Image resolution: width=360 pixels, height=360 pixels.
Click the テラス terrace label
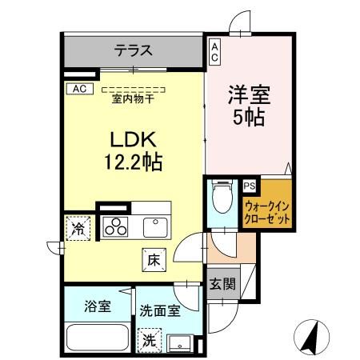[x=132, y=51]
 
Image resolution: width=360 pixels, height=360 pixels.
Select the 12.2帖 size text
[x=132, y=162]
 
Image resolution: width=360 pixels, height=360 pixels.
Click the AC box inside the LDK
[x=80, y=88]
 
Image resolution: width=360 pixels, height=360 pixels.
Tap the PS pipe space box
[x=249, y=186]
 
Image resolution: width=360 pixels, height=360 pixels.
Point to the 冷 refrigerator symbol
[x=78, y=227]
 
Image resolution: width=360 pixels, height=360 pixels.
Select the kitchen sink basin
[x=154, y=226]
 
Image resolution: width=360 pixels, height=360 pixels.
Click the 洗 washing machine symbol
[x=148, y=339]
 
